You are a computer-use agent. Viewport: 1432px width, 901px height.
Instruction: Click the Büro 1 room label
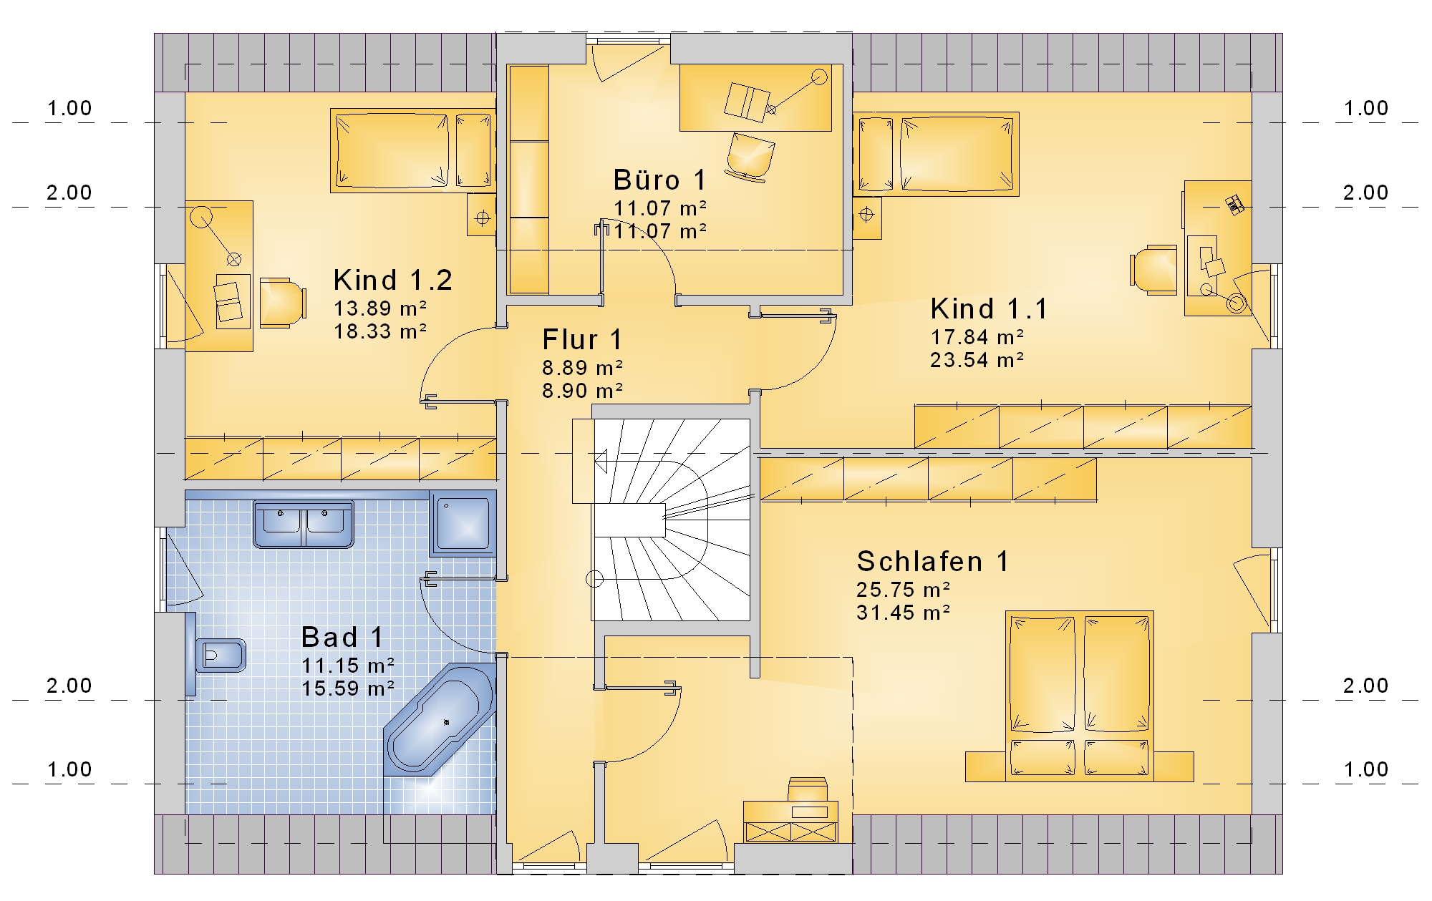click(659, 180)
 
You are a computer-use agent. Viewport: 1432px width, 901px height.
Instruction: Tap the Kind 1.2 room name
click(393, 280)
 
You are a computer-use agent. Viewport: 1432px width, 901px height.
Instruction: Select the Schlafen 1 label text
click(933, 561)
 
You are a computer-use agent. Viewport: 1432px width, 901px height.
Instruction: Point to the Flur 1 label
click(582, 339)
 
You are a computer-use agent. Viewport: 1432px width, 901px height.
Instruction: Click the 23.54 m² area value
click(977, 360)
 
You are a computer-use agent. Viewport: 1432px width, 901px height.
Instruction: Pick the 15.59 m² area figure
click(348, 688)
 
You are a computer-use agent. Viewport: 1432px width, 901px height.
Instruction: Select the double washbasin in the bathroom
click(303, 524)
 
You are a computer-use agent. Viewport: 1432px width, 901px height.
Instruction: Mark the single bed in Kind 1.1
click(936, 154)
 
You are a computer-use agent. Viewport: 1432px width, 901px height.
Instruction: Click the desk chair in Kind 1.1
click(1153, 270)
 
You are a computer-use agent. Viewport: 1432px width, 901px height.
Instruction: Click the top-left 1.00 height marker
click(69, 109)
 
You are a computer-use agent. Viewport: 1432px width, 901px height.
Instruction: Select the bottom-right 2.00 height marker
click(1365, 686)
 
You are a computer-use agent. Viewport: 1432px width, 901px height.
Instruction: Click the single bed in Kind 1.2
click(413, 150)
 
